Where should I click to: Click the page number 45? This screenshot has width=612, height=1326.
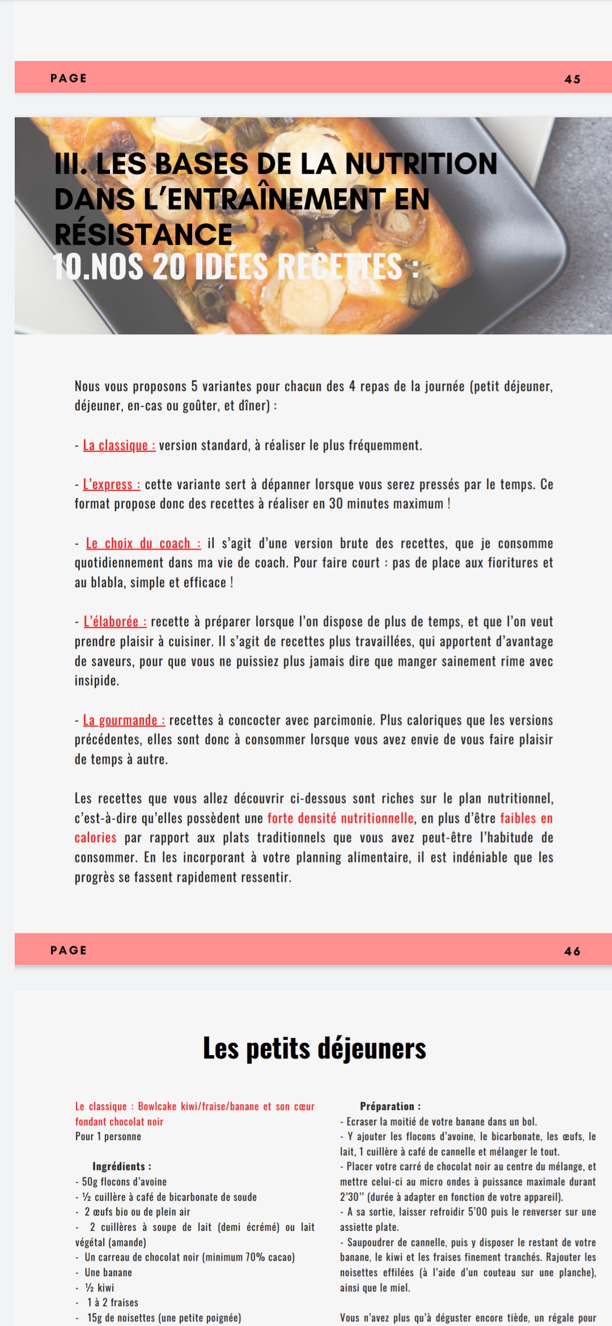572,79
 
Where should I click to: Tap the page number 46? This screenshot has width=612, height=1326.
572,951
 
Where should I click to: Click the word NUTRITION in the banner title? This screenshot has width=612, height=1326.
421,163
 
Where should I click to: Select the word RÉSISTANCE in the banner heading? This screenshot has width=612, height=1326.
143,234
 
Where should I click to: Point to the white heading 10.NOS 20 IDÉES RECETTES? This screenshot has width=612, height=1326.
235,266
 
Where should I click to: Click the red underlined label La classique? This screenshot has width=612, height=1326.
119,445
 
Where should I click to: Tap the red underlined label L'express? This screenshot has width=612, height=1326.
112,484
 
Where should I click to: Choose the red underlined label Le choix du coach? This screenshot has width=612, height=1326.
143,543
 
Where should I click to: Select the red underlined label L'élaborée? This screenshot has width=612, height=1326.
115,622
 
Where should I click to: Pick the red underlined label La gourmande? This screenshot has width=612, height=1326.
124,720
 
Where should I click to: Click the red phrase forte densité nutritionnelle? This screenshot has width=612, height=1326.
340,818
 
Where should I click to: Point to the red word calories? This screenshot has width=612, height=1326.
95,838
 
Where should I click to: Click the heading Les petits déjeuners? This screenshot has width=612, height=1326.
314,1048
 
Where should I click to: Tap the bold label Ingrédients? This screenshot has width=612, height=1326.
122,1166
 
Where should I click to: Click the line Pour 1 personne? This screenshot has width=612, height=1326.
108,1136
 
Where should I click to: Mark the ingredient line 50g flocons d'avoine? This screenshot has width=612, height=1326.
124,1181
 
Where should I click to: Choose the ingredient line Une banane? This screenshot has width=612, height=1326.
108,1272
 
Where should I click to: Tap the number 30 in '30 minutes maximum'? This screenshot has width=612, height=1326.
336,504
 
